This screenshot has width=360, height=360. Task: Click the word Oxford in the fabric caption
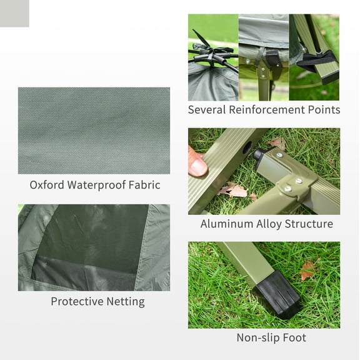(x=49, y=185)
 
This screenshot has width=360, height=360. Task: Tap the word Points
(x=324, y=110)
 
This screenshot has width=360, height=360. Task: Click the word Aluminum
(x=227, y=224)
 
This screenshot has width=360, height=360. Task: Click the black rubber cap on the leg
(x=277, y=292)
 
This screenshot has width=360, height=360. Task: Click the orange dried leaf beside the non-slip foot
(x=306, y=270)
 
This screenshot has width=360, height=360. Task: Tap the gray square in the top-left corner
(x=14, y=13)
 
